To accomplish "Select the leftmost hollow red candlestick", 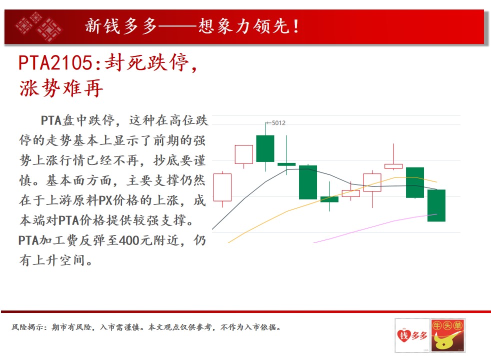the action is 222,187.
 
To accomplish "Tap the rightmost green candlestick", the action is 436,205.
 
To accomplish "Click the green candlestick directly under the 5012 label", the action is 265,148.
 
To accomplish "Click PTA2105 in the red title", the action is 55,62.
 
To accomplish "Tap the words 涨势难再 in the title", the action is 61,88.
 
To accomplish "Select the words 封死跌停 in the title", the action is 146,62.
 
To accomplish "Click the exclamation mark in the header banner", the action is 295,26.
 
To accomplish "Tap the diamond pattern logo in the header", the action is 38,26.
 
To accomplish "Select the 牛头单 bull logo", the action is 447,335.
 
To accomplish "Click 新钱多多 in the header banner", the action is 120,26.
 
